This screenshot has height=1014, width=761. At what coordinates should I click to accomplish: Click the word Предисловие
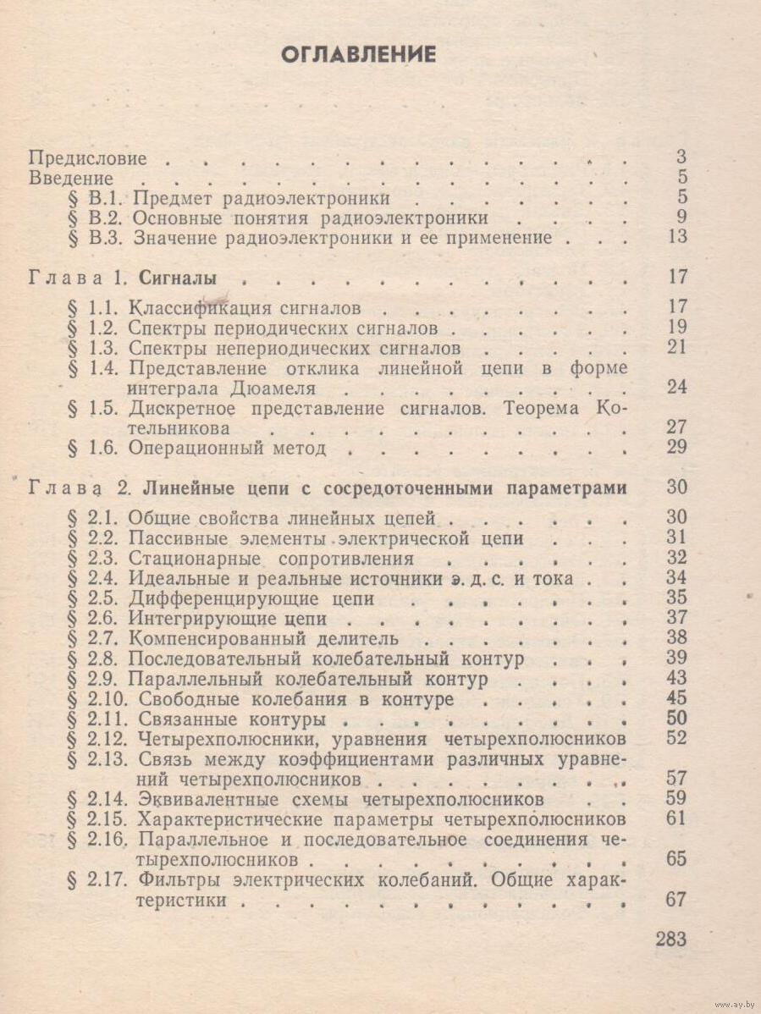point(88,158)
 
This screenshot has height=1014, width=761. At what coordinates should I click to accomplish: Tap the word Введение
point(71,178)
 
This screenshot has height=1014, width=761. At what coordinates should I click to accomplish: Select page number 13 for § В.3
point(676,237)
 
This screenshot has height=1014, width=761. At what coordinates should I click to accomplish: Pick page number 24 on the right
point(676,388)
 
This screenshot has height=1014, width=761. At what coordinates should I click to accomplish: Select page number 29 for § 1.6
point(676,447)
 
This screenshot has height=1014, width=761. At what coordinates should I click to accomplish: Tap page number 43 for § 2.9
point(676,678)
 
